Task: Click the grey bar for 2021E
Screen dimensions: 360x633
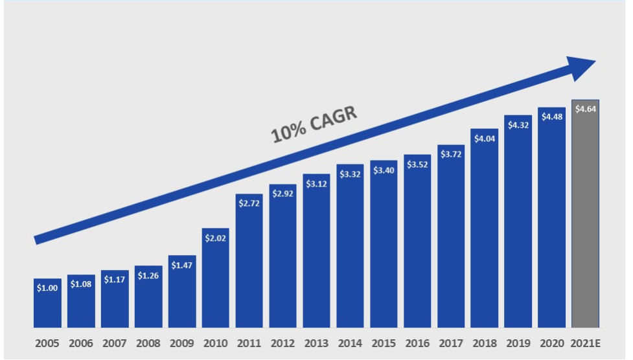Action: coord(585,220)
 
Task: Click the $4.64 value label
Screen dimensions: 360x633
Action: coord(585,109)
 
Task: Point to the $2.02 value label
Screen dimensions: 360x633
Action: coord(215,238)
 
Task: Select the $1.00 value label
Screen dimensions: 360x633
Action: coord(47,288)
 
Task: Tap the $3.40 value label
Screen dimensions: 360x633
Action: coord(384,170)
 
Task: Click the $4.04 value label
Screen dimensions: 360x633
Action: coord(485,139)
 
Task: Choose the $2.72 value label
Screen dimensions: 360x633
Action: coord(249,203)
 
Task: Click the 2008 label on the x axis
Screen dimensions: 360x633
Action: coord(148,343)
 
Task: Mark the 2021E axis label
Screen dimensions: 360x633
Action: coord(585,343)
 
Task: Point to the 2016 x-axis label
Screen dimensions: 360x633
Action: coord(417,343)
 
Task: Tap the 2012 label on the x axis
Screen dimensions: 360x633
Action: coord(282,343)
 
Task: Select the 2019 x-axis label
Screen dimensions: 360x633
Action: coord(518,343)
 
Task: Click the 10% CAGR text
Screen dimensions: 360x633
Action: coord(314,124)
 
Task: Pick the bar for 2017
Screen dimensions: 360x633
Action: coord(451,240)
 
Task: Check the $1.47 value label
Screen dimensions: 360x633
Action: coord(182,265)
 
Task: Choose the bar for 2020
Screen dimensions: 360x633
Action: coord(551,220)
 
